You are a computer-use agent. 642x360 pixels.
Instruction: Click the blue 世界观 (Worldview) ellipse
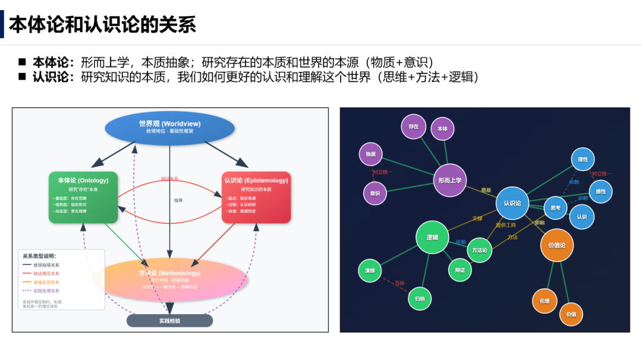point(169,127)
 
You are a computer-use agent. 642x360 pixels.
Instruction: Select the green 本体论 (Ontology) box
point(83,197)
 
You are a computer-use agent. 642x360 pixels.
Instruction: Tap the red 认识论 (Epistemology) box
point(256,197)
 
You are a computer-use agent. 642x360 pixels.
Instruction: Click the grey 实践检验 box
point(169,321)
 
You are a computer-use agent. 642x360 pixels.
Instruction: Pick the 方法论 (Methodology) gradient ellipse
point(169,279)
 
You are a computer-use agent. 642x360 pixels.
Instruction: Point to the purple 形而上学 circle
point(449,180)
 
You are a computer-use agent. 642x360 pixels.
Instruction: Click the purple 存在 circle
point(414,127)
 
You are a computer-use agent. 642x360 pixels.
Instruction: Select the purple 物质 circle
point(370,154)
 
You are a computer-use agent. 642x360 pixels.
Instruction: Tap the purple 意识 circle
point(374,193)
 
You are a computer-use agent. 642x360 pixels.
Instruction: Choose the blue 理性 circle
point(583,159)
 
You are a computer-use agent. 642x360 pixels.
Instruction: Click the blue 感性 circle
point(600,191)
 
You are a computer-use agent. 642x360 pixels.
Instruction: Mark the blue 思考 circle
point(555,208)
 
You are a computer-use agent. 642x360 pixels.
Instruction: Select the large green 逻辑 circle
point(432,237)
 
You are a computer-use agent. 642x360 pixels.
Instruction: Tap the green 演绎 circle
point(370,270)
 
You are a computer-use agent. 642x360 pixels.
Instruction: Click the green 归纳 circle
point(420,298)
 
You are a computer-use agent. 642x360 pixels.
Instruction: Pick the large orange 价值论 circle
point(557,245)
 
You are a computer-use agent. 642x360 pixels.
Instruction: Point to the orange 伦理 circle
point(545,301)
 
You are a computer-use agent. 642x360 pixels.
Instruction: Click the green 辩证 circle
point(460,270)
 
